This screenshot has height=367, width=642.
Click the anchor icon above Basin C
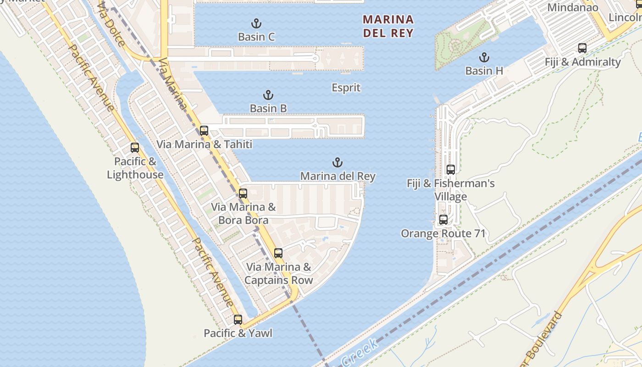pyautogui.click(x=256, y=23)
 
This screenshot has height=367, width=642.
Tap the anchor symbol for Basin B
pyautogui.click(x=268, y=95)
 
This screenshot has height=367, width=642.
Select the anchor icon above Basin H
pyautogui.click(x=484, y=57)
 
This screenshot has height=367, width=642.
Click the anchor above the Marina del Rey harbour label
pyautogui.click(x=338, y=162)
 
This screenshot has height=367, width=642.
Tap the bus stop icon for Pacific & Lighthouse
pyautogui.click(x=134, y=148)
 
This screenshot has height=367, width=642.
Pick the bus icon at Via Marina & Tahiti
pyautogui.click(x=204, y=131)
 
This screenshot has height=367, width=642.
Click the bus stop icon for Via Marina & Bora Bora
pyautogui.click(x=243, y=194)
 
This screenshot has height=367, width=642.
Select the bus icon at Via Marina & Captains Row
pyautogui.click(x=278, y=253)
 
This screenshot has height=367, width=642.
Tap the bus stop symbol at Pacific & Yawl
pyautogui.click(x=238, y=320)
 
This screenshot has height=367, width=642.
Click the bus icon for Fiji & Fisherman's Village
pyautogui.click(x=450, y=170)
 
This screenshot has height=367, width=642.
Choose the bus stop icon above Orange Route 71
pyautogui.click(x=443, y=220)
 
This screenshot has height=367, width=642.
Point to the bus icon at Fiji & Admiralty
pyautogui.click(x=582, y=48)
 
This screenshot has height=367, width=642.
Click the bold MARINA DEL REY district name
pyautogui.click(x=388, y=26)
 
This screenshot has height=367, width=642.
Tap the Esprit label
pyautogui.click(x=346, y=88)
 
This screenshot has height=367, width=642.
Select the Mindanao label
pyautogui.click(x=573, y=7)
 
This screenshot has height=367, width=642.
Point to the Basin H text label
pyautogui.click(x=484, y=71)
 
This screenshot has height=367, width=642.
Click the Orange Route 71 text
pyautogui.click(x=443, y=234)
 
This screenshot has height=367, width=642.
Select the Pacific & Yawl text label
pyautogui.click(x=238, y=333)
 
